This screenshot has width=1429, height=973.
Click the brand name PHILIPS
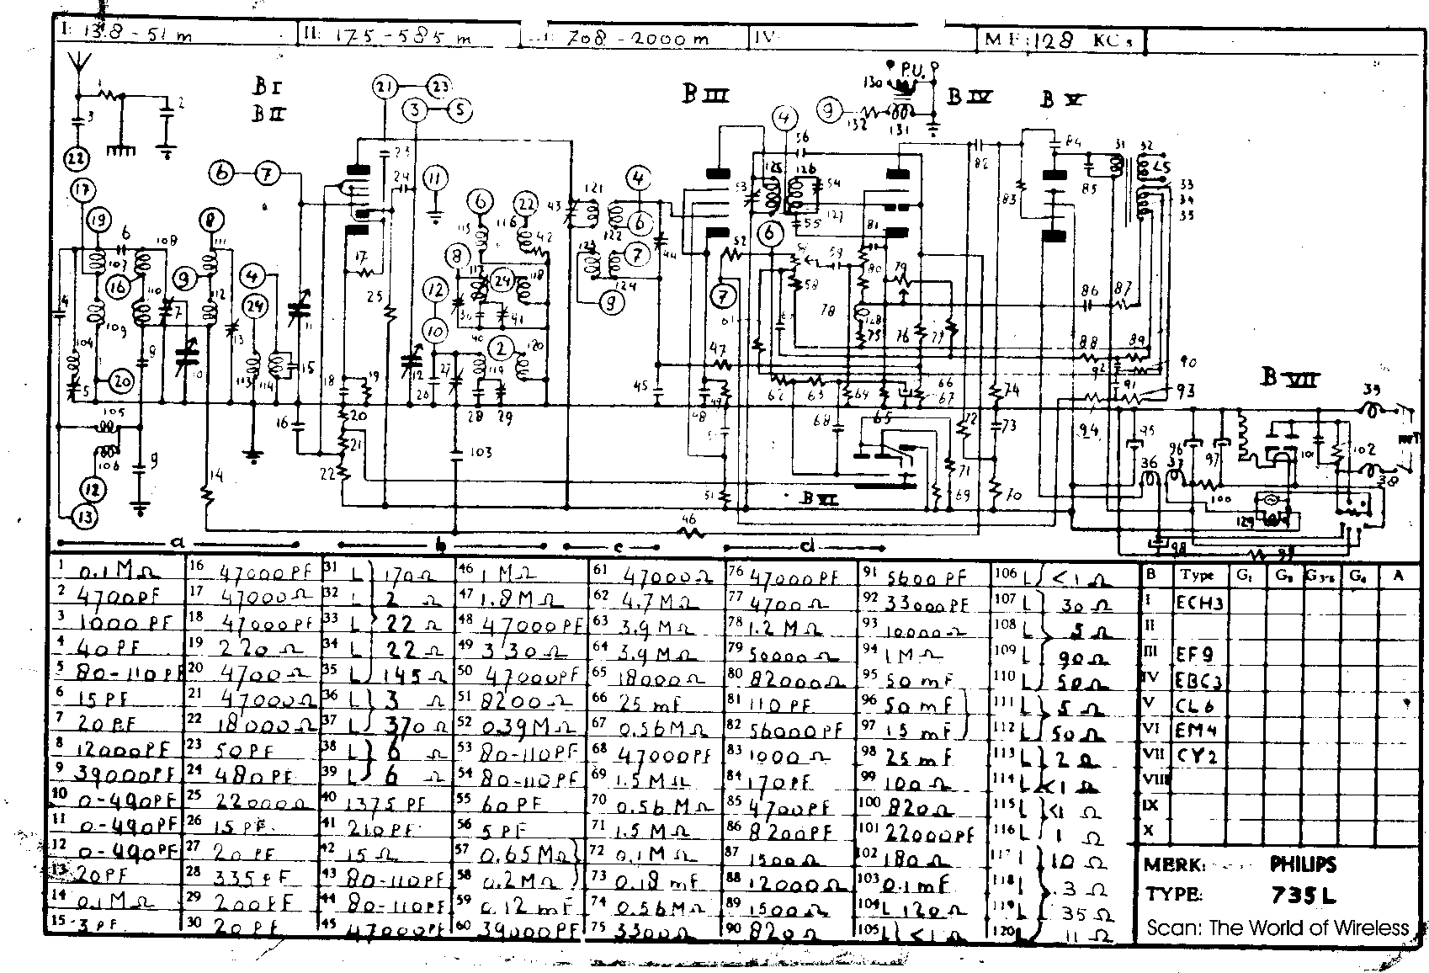1303,864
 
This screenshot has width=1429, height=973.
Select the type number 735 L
1304,896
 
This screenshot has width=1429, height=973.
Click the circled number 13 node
84,516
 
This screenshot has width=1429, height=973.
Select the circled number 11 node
435,179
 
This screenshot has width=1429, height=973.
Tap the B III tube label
705,96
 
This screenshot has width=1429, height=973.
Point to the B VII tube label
1288,378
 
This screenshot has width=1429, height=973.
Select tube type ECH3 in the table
1199,603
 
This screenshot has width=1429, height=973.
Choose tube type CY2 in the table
1198,756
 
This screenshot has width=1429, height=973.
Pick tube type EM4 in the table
1199,730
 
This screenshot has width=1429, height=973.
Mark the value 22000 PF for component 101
927,834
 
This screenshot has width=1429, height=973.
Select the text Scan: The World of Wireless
1277,928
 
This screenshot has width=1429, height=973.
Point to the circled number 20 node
123,381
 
